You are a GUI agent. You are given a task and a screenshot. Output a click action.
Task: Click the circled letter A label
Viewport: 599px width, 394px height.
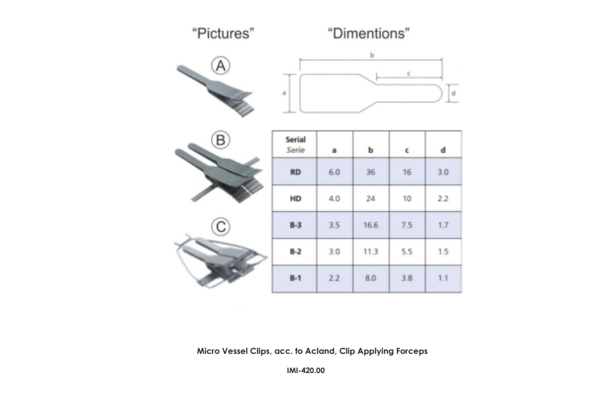[221, 66]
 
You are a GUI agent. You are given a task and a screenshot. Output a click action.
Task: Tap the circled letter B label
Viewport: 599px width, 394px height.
[221, 140]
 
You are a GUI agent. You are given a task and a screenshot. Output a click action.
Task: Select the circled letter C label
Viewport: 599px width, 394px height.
[221, 227]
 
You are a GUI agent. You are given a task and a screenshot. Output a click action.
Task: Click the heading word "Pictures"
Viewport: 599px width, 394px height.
[223, 33]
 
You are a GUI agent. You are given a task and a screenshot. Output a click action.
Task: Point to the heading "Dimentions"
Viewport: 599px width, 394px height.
[368, 33]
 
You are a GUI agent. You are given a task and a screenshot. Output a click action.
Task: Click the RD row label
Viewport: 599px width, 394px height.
[295, 172]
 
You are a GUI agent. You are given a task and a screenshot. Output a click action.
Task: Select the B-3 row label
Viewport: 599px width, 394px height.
[295, 225]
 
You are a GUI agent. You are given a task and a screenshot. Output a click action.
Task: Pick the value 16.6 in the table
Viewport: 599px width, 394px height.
[371, 225]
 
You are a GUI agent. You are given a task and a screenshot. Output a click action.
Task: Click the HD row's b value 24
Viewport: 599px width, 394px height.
[371, 199]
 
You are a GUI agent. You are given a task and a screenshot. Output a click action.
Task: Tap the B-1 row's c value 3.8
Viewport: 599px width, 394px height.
[407, 278]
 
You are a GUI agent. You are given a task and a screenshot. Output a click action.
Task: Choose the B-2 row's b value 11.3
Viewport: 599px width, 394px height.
[371, 251]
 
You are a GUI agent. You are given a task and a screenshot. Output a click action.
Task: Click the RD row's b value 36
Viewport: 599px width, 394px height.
[371, 172]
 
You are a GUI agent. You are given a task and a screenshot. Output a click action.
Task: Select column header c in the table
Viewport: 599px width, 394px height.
[407, 150]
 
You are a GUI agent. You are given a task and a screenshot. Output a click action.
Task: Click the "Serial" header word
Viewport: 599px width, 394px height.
[295, 140]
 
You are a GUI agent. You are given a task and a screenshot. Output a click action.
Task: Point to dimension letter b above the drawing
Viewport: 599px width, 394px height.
[372, 55]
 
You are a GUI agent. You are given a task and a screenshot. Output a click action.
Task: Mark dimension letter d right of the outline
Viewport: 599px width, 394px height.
[453, 93]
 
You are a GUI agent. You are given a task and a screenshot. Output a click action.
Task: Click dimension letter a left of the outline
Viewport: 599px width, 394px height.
[284, 93]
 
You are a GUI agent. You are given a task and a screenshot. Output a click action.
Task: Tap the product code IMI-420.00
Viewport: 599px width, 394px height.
[305, 370]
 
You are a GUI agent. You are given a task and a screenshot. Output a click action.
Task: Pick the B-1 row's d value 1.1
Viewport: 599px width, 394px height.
[443, 278]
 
